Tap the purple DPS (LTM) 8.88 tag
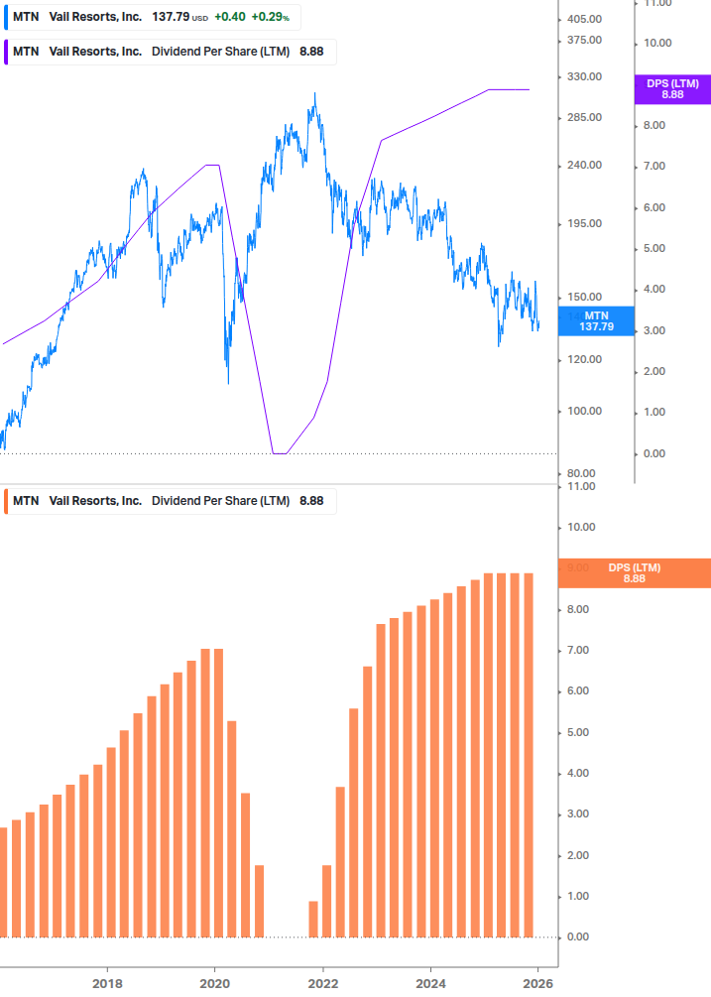click(672, 88)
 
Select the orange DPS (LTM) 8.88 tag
click(634, 572)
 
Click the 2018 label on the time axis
click(107, 982)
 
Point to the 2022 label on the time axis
click(323, 982)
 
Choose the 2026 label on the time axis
click(538, 982)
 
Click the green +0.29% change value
click(270, 17)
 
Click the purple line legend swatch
click(7, 52)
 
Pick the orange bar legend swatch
click(7, 501)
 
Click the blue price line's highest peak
click(315, 94)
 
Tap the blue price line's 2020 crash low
click(228, 383)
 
